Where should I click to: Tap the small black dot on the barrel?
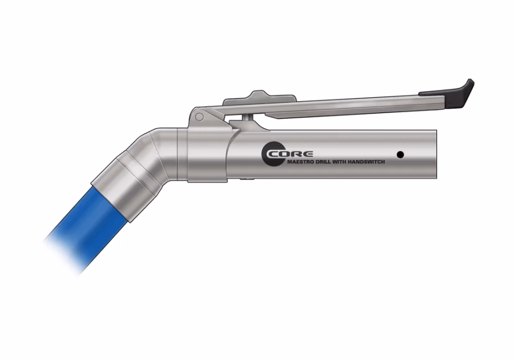point(400,154)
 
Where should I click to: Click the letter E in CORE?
point(307,154)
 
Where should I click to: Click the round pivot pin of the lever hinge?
point(199,117)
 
